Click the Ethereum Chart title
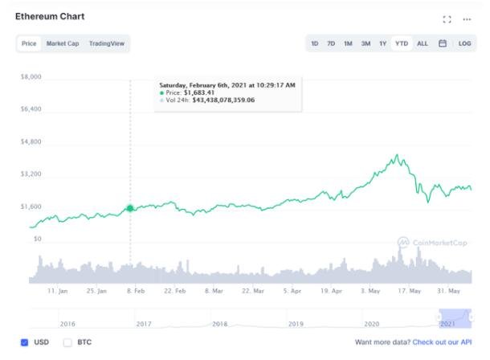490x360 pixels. point(50,16)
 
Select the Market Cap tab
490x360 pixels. point(63,43)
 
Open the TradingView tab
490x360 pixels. point(107,43)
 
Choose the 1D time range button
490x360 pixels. point(315,43)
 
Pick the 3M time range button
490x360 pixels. point(365,43)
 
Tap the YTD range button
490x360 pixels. point(401,43)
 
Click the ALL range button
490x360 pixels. point(423,43)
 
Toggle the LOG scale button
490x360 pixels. point(464,43)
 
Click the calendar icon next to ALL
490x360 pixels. point(443,43)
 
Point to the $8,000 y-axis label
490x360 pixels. point(31,77)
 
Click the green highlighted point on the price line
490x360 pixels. point(130,209)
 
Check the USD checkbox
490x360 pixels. point(24,342)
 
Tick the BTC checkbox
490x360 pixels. point(67,342)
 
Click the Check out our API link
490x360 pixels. point(442,342)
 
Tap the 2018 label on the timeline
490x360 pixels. point(219,323)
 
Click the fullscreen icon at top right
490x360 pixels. point(447,18)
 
